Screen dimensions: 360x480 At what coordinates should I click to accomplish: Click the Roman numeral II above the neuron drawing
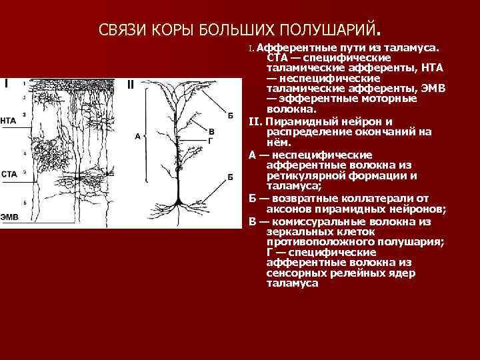[x=131, y=84]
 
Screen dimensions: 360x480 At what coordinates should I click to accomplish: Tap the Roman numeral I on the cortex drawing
[x=6, y=84]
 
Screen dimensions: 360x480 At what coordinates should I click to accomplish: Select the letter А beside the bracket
[x=137, y=136]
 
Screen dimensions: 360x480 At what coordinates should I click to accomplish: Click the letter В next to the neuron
[x=211, y=131]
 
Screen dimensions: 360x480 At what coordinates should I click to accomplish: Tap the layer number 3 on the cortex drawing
[x=24, y=115]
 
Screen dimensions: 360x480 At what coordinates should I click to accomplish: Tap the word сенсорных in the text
[x=293, y=273]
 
